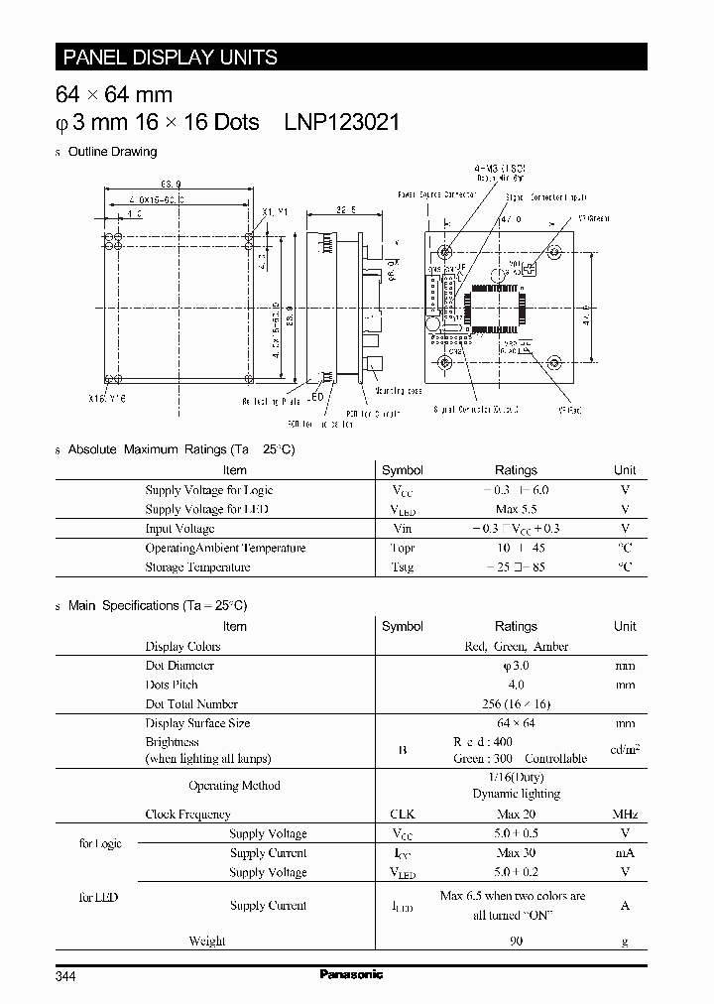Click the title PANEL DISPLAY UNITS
(170, 58)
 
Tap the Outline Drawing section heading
(111, 152)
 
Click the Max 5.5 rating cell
(515, 509)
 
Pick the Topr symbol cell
(402, 548)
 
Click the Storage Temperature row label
(197, 567)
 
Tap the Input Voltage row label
(179, 529)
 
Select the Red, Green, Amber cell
(516, 646)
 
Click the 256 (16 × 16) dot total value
(515, 704)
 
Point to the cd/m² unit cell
(625, 750)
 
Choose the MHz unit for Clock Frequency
(625, 815)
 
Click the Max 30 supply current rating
(515, 853)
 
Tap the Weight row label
(207, 941)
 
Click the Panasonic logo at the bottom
(351, 974)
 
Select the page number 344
(65, 976)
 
